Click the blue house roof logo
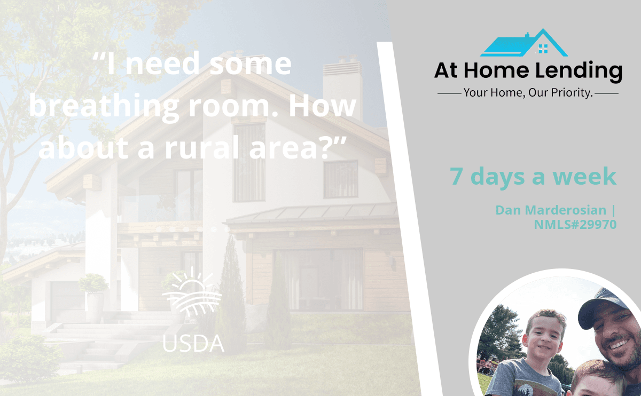(524, 43)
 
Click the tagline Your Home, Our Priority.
(528, 93)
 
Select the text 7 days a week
(533, 177)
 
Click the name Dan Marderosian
(551, 210)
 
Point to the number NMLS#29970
(575, 225)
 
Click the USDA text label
(193, 343)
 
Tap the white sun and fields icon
(192, 291)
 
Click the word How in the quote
(323, 106)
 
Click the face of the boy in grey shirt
(544, 336)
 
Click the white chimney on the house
(342, 86)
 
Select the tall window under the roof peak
(249, 162)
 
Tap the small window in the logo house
(543, 49)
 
